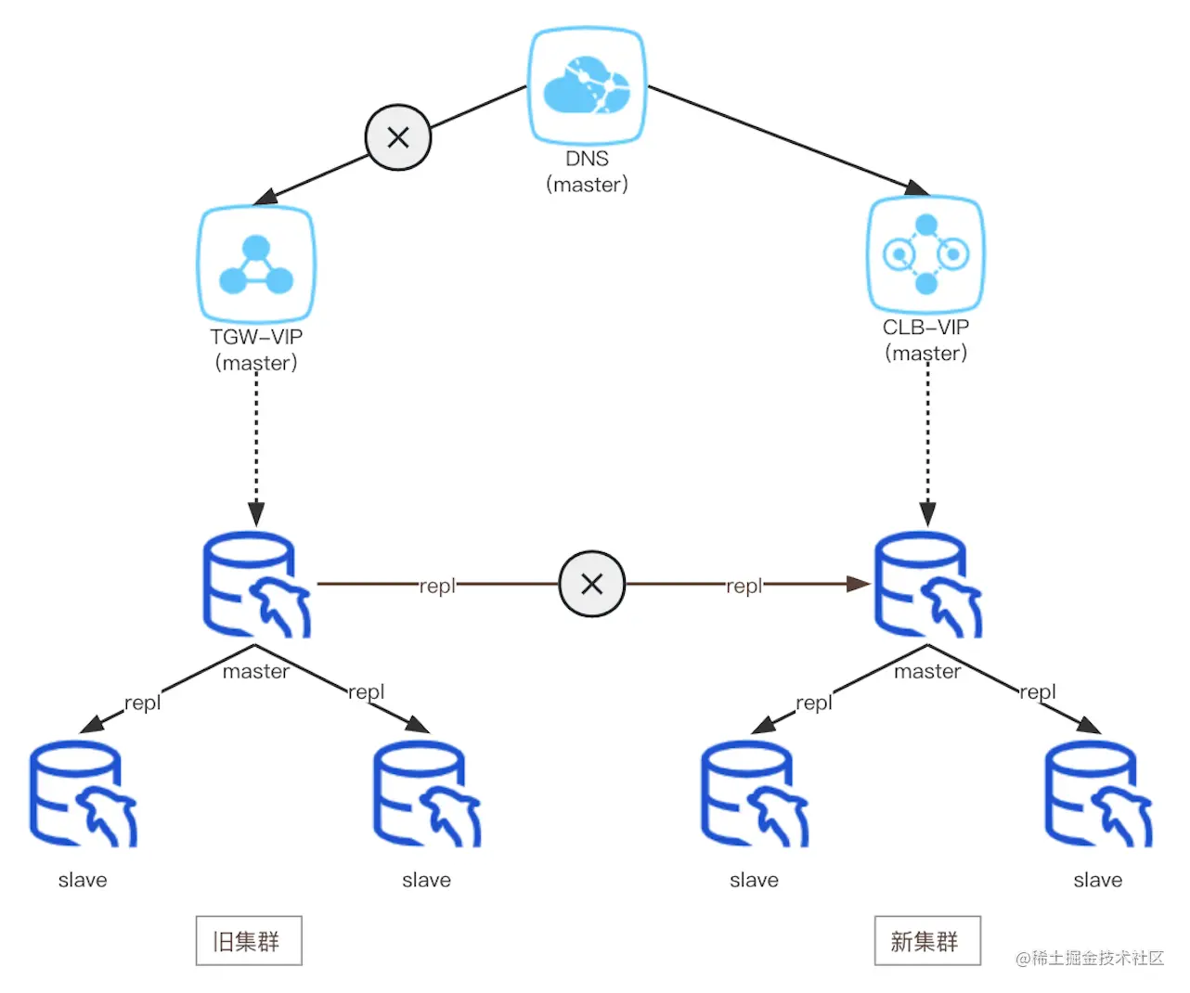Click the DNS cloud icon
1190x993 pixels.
587,85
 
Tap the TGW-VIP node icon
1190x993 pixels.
256,264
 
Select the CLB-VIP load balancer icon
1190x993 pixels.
925,254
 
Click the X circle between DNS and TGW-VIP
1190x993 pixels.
398,138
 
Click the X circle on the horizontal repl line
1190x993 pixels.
592,584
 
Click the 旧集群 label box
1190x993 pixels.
249,941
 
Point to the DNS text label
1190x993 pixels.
587,159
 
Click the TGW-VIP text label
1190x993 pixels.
256,337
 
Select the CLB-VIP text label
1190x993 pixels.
925,328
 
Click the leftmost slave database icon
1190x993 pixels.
83,793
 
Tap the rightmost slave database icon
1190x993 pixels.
1098,793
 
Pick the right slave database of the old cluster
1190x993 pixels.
427,793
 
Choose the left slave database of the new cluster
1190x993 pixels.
754,793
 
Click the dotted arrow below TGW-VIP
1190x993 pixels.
256,445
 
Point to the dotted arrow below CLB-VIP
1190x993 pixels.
927,445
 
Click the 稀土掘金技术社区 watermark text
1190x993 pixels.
1090,958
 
